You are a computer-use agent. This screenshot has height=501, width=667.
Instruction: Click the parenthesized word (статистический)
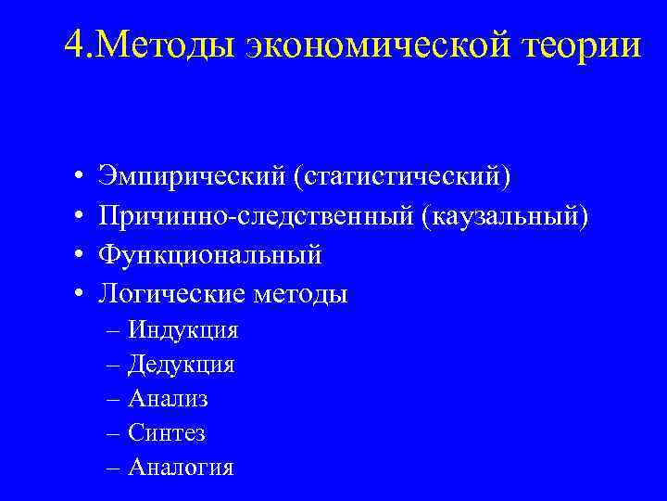pos(402,174)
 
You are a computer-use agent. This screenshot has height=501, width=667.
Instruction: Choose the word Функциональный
pos(210,254)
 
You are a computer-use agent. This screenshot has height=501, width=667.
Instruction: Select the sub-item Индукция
pos(183,329)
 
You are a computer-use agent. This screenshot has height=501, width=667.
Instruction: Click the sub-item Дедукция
pos(182,364)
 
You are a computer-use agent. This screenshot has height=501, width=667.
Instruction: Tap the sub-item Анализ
pos(168,398)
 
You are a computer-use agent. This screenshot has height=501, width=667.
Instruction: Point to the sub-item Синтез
pos(167,432)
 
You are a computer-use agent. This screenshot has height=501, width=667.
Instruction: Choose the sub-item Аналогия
pos(181,467)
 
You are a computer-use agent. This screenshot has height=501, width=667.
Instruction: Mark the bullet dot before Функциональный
pos(81,255)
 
